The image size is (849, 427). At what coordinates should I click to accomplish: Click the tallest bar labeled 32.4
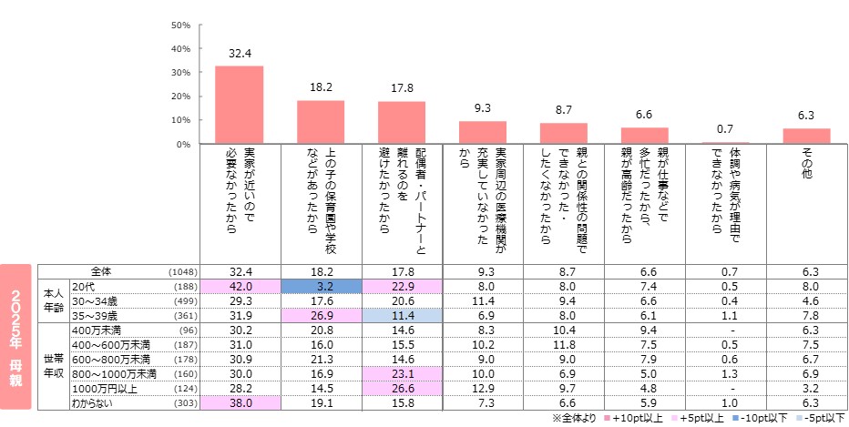click(239, 105)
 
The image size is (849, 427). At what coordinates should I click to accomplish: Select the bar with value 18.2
click(320, 122)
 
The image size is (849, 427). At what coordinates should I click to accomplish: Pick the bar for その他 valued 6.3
click(806, 136)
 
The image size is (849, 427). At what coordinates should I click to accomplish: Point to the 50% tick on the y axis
click(180, 25)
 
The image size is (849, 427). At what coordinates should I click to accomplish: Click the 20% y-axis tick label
click(180, 97)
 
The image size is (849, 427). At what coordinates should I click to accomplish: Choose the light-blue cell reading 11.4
click(402, 315)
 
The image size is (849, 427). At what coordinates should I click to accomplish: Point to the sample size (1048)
click(182, 271)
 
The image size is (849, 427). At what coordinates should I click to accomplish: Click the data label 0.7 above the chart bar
click(725, 130)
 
